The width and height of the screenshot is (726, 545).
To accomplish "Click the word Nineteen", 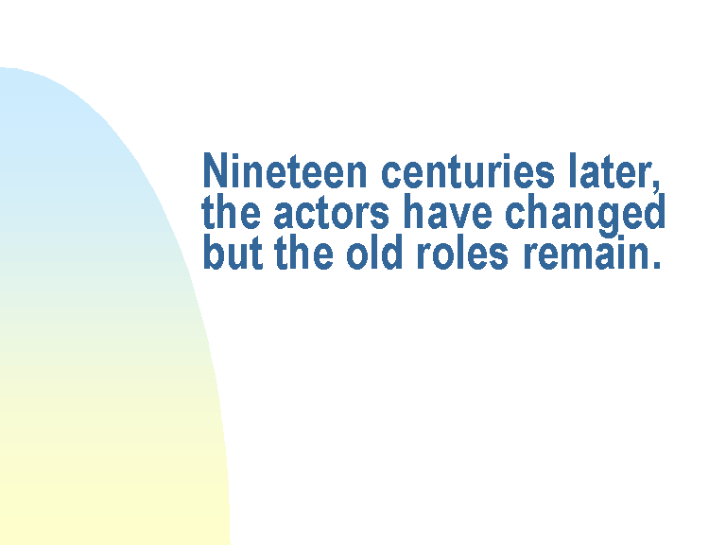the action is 285,170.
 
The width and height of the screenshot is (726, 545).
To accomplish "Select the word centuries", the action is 468,170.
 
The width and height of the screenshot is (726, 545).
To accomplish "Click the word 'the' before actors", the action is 231,211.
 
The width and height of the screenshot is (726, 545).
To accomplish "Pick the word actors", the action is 331,213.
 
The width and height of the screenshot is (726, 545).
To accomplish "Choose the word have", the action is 448,211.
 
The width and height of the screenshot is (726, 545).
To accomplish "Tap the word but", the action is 233,252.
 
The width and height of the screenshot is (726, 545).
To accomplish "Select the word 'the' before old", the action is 303,252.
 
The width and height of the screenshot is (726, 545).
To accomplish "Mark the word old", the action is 374,252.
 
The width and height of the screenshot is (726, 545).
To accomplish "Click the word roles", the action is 462,252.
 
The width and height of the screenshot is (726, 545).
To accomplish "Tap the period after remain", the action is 656,265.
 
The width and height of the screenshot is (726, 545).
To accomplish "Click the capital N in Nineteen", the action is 216,170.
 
